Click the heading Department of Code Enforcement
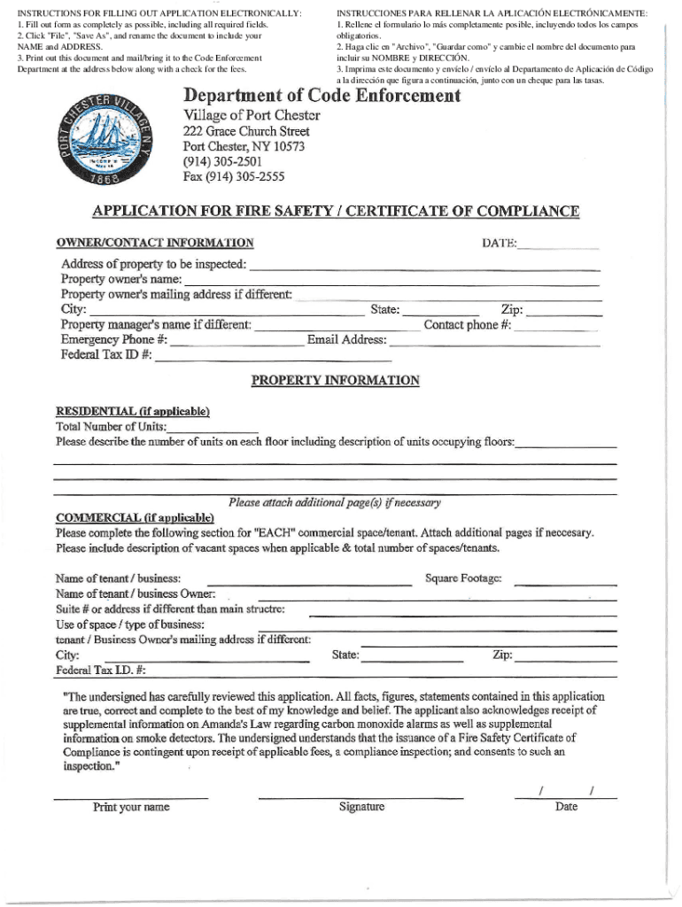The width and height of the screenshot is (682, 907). [x=322, y=96]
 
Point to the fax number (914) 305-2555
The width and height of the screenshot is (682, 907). [x=234, y=176]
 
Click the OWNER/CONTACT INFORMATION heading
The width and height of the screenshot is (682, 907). [x=155, y=243]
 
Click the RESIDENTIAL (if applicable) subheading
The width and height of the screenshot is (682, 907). [x=133, y=411]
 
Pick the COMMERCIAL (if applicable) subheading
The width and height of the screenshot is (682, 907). [x=135, y=517]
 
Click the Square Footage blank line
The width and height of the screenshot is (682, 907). [x=565, y=583]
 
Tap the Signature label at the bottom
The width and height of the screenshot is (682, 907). [x=361, y=807]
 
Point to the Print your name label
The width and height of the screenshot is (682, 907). [x=131, y=807]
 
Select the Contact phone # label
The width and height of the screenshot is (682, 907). [x=467, y=325]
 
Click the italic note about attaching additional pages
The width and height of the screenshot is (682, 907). [x=334, y=502]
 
